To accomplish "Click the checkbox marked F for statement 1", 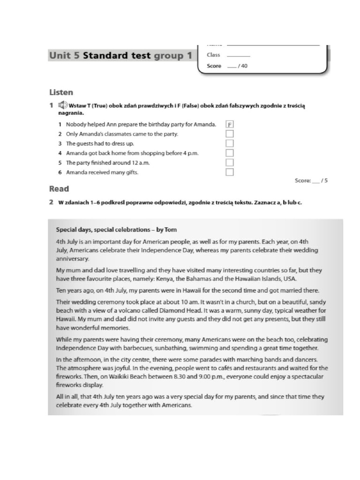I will [230, 125].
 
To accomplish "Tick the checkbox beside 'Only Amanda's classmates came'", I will [230, 134].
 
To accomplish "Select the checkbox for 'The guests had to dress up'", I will [230, 143].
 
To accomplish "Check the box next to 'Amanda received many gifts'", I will [230, 172].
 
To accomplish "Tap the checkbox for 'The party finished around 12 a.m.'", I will [230, 163].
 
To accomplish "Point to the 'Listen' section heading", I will [61, 92].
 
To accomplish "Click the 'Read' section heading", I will [59, 189].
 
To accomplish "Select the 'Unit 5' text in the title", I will [64, 56].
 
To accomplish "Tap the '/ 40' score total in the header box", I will [242, 66].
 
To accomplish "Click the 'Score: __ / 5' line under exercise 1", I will [311, 180].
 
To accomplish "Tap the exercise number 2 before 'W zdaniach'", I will [51, 203].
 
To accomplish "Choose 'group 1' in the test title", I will [173, 56].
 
